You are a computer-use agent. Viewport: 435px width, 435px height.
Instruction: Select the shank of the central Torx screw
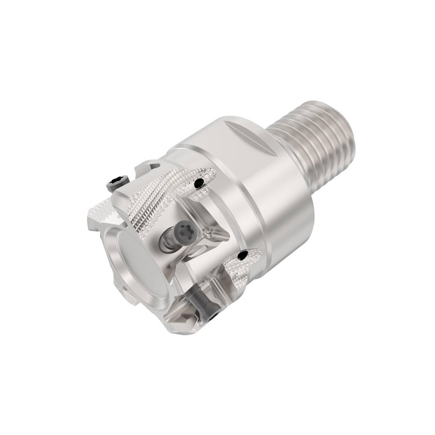click(x=167, y=241)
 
